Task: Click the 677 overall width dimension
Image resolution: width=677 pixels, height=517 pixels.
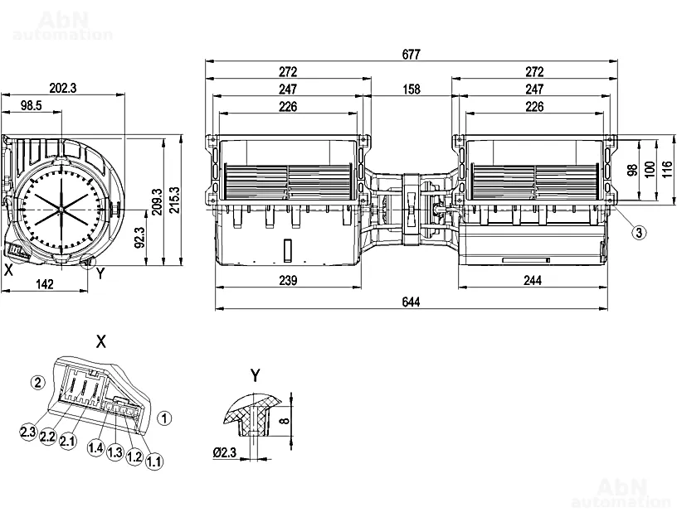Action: (x=411, y=55)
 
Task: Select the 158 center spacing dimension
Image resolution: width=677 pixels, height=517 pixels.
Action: (x=411, y=89)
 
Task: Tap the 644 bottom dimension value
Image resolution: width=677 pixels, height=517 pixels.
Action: (x=411, y=302)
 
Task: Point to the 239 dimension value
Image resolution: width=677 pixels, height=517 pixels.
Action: (x=288, y=280)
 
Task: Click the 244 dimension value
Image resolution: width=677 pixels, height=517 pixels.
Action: (x=533, y=280)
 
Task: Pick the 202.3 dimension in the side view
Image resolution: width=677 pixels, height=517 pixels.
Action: (x=63, y=88)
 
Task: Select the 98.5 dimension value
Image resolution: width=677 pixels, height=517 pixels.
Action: (x=31, y=105)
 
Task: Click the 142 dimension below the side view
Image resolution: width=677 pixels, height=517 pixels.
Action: (x=45, y=284)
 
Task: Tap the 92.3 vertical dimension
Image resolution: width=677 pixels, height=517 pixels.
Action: (x=139, y=238)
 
